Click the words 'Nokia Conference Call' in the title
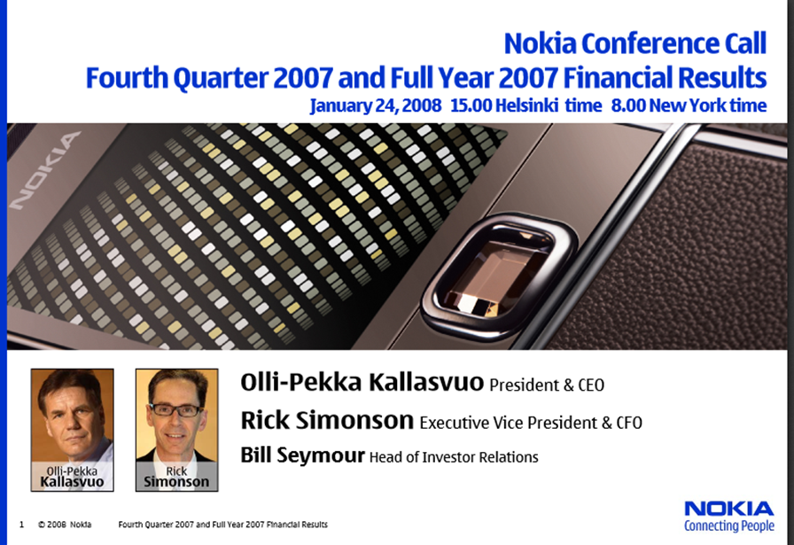pos(635,43)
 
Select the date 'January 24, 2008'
pos(375,105)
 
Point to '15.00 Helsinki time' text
pos(526,105)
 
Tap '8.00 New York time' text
pos(689,105)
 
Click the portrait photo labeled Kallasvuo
pos(73,430)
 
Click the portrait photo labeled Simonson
pos(176,430)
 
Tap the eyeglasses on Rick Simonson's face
pos(175,409)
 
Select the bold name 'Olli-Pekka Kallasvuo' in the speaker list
pos(362,382)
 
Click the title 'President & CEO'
pos(547,385)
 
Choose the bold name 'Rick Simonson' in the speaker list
pos(327,420)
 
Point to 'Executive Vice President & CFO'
pos(531,423)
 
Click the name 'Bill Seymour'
pos(302,455)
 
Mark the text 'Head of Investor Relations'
pos(454,457)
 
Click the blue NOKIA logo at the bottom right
pos(729,509)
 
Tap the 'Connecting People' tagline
pos(729,526)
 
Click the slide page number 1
pos(21,525)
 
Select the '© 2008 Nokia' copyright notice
pos(65,525)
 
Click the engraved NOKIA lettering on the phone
pos(44,171)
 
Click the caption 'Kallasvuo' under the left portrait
pos(72,482)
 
